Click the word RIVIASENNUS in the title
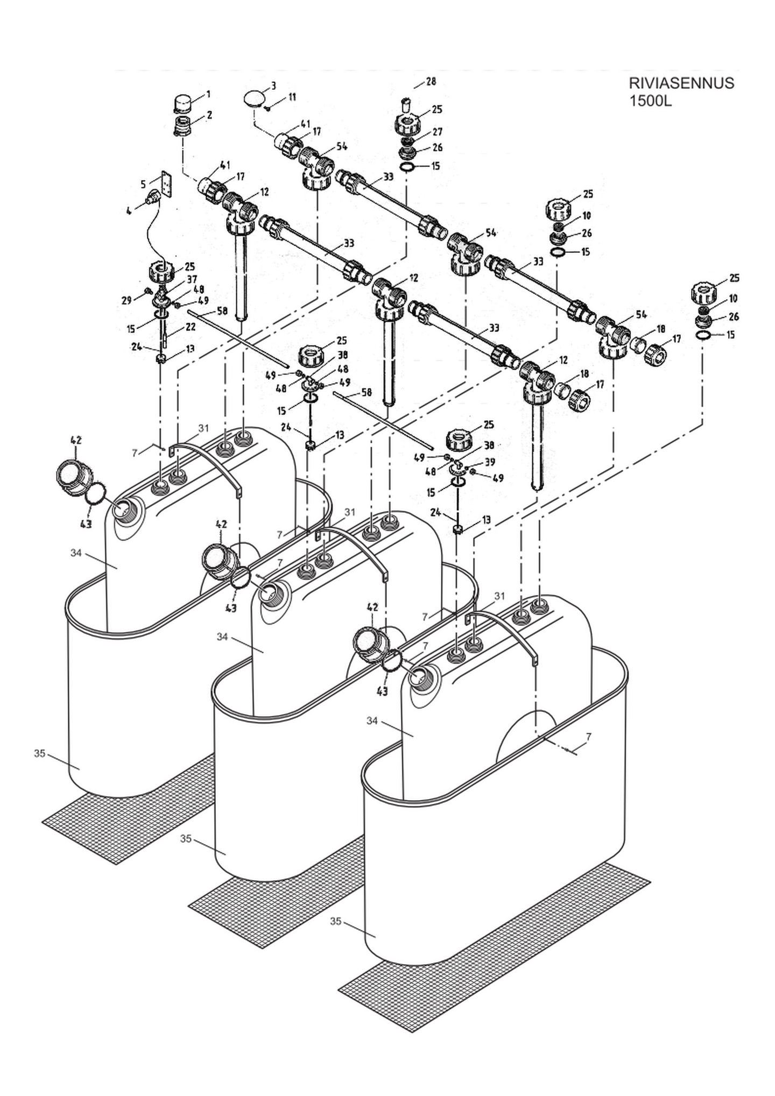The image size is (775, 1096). [x=681, y=83]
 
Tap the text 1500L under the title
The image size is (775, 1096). [x=651, y=101]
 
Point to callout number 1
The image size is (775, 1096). [x=208, y=94]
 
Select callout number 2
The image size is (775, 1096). [x=209, y=115]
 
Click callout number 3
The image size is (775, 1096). [x=273, y=85]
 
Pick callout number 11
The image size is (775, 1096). [x=292, y=97]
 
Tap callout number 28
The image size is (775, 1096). [x=431, y=81]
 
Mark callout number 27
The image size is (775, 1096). [x=437, y=132]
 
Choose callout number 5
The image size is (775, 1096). [x=143, y=184]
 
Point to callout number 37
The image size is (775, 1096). [x=192, y=279]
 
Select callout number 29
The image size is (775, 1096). [x=126, y=300]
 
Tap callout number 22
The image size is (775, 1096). [x=191, y=326]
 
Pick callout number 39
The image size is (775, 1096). [x=490, y=462]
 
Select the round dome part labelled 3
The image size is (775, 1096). [x=254, y=98]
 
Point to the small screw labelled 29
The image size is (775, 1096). [x=147, y=292]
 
